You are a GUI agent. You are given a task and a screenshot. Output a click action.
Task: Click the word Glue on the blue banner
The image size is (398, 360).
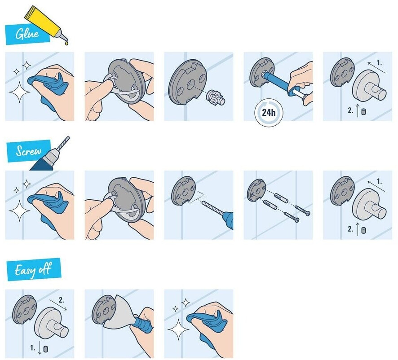pos(27,34)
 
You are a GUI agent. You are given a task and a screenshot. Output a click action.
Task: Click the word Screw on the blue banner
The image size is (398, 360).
pos(28,151)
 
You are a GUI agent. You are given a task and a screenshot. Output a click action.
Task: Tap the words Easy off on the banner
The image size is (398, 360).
pos(33,269)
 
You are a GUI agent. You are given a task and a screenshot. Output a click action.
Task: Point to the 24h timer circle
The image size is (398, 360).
pos(269,112)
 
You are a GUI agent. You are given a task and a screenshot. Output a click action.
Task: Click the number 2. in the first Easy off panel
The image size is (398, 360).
pos(62,300)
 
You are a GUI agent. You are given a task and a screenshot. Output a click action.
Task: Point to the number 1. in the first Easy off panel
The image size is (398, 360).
pos(33,347)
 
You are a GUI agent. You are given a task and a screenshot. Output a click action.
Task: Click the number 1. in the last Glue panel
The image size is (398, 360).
pos(379,63)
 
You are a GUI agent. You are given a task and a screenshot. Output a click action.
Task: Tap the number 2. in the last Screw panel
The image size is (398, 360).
pos(350,229)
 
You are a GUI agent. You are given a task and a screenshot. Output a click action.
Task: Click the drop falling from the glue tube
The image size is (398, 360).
pos(66,44)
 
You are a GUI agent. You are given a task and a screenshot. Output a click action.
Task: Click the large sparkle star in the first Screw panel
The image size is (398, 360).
pos(19,211)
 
